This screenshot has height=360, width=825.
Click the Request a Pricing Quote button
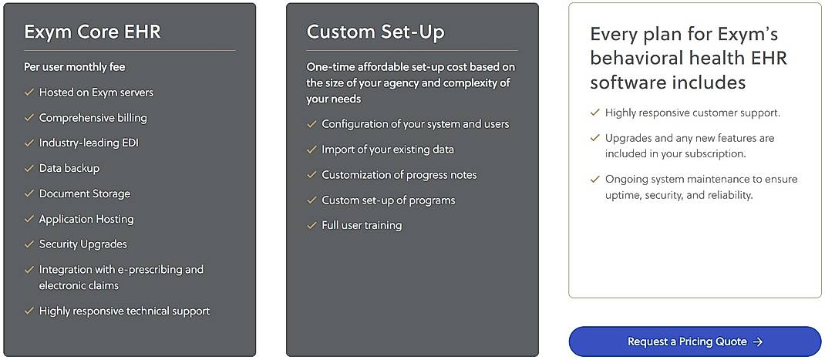(694, 341)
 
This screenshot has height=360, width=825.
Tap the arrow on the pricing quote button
(758, 341)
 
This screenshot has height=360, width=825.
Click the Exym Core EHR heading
(93, 32)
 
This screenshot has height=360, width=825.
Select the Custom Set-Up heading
(375, 32)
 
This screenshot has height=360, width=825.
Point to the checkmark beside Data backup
(29, 168)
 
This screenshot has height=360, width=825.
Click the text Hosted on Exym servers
(96, 93)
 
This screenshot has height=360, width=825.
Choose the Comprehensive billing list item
(93, 118)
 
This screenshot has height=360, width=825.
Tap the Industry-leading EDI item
(89, 143)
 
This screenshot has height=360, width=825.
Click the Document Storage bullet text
(85, 193)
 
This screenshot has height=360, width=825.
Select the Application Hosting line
(86, 219)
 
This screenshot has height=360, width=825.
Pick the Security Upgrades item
(83, 244)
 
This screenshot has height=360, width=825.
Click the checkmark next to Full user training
(312, 226)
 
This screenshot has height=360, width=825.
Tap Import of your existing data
(388, 150)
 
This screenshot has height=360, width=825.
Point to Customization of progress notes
(399, 175)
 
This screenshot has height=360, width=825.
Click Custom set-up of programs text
(389, 200)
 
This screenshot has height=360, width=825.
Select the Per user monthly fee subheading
(74, 67)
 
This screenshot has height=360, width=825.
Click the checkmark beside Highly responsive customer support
(595, 113)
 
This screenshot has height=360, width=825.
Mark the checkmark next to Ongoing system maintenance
(595, 179)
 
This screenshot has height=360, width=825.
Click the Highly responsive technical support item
(124, 311)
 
